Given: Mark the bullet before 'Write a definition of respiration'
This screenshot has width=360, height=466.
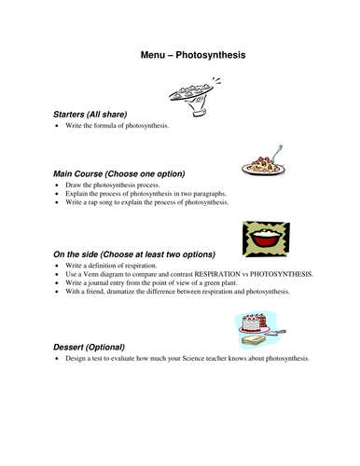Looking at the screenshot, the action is [58, 267].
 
